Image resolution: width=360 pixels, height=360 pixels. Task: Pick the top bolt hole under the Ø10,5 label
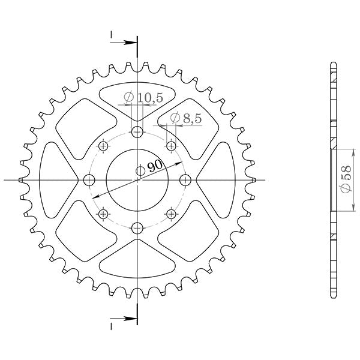(138, 133)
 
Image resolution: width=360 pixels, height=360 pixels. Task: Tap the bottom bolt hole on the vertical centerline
(138, 227)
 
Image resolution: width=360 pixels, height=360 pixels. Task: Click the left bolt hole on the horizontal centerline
(91, 180)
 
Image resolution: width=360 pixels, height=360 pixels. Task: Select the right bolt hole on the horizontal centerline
(185, 180)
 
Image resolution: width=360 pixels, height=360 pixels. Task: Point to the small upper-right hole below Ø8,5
(172, 146)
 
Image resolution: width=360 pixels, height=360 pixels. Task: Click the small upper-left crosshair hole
(104, 146)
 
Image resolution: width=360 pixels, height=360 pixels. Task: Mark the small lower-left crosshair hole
(104, 214)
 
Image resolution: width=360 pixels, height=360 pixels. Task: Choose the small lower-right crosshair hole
(172, 214)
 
